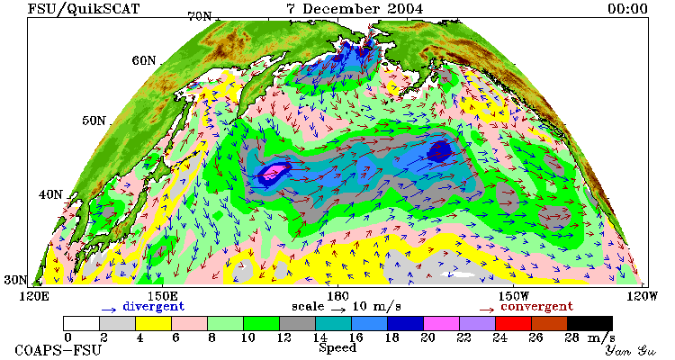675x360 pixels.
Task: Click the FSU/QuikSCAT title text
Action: (x=84, y=9)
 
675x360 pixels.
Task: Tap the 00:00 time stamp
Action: (x=627, y=9)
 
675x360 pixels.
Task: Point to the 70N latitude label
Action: (x=200, y=16)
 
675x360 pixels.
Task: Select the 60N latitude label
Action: (x=144, y=60)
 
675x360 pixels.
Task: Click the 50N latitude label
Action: (x=94, y=121)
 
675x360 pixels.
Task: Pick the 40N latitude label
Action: (x=50, y=194)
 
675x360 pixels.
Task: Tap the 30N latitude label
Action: (x=15, y=280)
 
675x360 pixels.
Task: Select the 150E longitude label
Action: (x=162, y=297)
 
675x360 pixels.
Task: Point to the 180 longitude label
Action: (x=337, y=297)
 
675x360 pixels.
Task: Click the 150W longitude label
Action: (x=513, y=297)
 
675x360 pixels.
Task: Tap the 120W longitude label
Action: (x=642, y=297)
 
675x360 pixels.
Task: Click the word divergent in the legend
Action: (x=154, y=307)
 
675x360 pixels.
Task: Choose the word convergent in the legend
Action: (x=536, y=307)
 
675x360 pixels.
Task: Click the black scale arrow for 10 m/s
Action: (x=338, y=309)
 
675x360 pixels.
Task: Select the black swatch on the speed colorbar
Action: (x=589, y=323)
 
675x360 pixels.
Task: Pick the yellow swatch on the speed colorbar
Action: (x=153, y=323)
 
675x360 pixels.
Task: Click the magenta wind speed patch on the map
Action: (x=274, y=171)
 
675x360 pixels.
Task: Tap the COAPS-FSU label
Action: (x=58, y=350)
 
